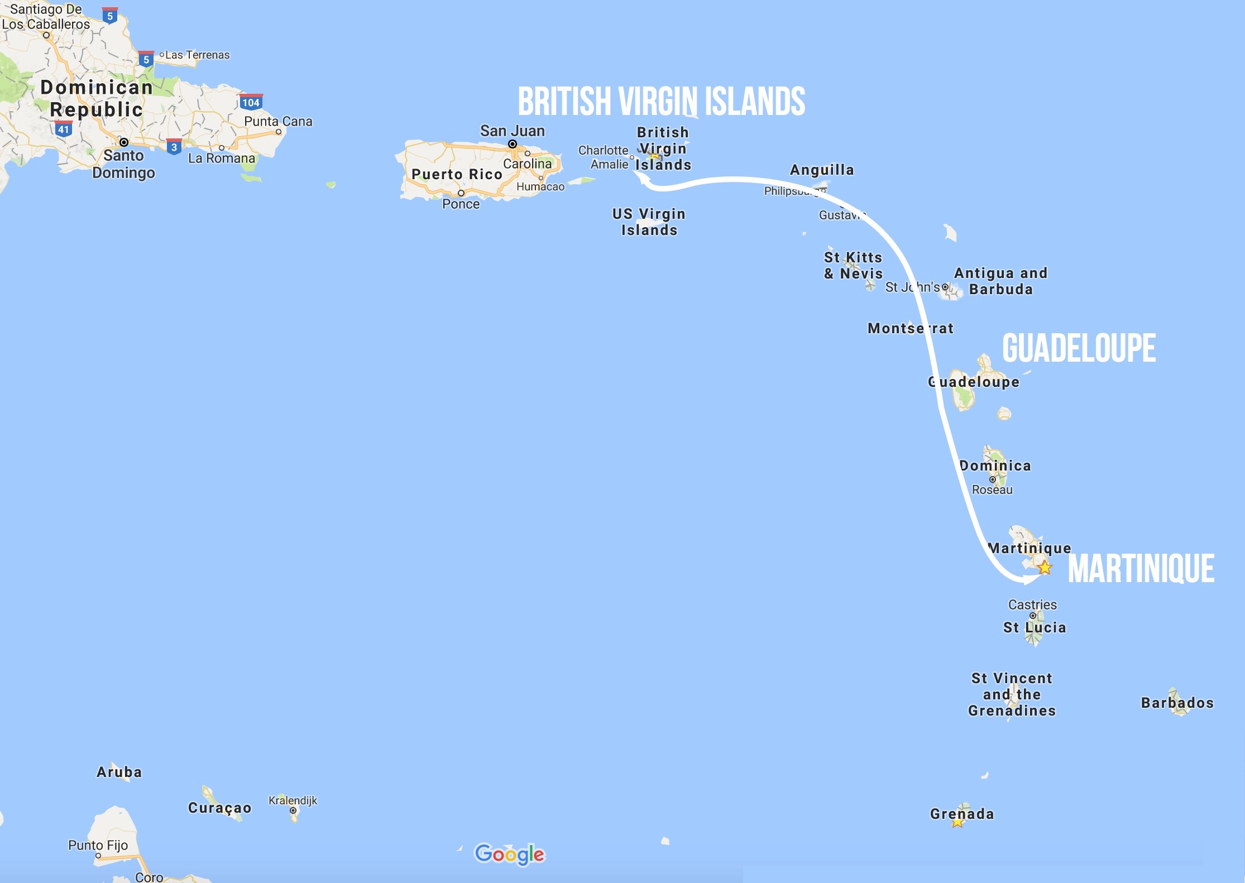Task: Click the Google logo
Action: click(509, 853)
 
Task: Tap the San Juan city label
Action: click(512, 131)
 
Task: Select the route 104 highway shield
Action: click(251, 102)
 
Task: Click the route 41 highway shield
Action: click(64, 129)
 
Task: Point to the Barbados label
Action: click(1177, 703)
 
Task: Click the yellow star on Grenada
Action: click(957, 823)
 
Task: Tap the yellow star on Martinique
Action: click(1045, 568)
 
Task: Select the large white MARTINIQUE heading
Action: click(1141, 569)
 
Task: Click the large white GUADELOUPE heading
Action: click(1079, 348)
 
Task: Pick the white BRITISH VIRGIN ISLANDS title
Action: click(662, 102)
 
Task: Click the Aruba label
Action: click(119, 772)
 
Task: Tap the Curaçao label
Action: click(219, 808)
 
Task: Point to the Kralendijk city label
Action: click(293, 800)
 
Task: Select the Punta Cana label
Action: click(278, 122)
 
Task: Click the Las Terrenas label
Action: click(197, 55)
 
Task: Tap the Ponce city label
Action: click(461, 204)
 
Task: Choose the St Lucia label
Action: click(1035, 627)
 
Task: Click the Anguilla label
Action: click(822, 170)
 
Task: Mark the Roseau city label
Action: click(992, 490)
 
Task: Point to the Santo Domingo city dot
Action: click(124, 142)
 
